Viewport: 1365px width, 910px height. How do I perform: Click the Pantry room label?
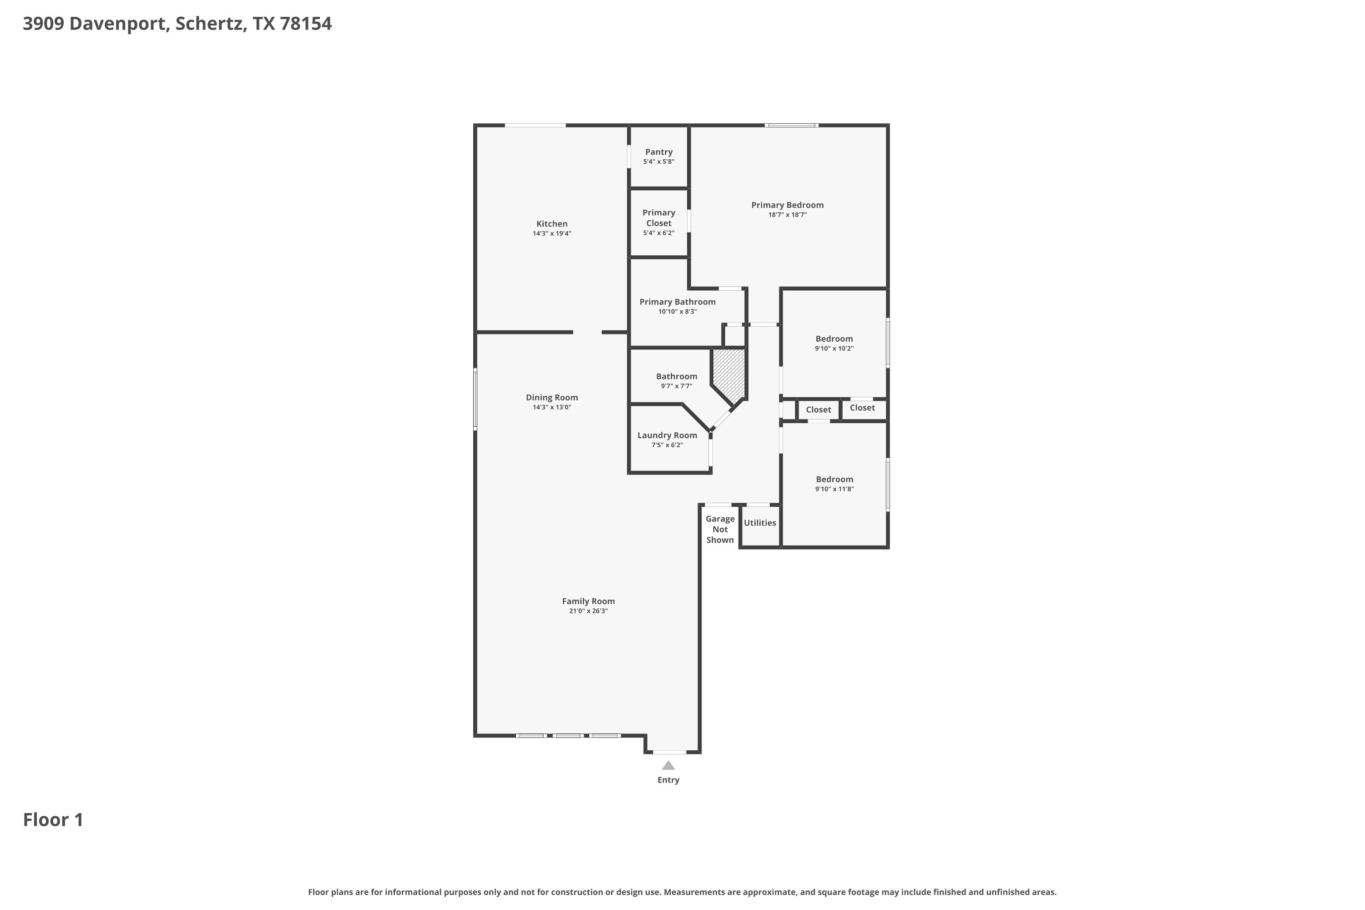tap(659, 152)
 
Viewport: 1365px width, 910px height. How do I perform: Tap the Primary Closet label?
tap(659, 217)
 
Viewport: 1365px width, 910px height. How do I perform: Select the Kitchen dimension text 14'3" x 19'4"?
tap(552, 233)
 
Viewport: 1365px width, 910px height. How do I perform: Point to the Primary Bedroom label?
tap(788, 205)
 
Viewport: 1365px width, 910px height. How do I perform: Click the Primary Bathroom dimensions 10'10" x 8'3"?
tap(677, 312)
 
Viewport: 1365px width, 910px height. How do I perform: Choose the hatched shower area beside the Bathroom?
tap(729, 373)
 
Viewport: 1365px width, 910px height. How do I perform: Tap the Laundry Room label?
tap(667, 435)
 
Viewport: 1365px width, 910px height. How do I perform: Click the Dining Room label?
tap(552, 398)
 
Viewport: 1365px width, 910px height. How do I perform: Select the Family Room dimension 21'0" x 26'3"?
tap(588, 611)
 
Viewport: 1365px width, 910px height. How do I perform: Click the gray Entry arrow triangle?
tap(668, 765)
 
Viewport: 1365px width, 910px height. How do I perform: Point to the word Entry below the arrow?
tap(668, 780)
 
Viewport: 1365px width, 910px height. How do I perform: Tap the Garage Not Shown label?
tap(720, 529)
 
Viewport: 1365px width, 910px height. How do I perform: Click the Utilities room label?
tap(760, 523)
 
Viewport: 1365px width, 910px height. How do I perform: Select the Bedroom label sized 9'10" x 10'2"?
tap(834, 339)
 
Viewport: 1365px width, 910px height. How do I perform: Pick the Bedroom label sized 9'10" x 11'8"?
tap(834, 480)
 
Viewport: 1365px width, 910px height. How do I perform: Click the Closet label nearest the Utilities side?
tap(818, 410)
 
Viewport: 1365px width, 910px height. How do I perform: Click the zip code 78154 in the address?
tap(306, 24)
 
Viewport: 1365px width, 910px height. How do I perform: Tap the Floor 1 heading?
tap(53, 819)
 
